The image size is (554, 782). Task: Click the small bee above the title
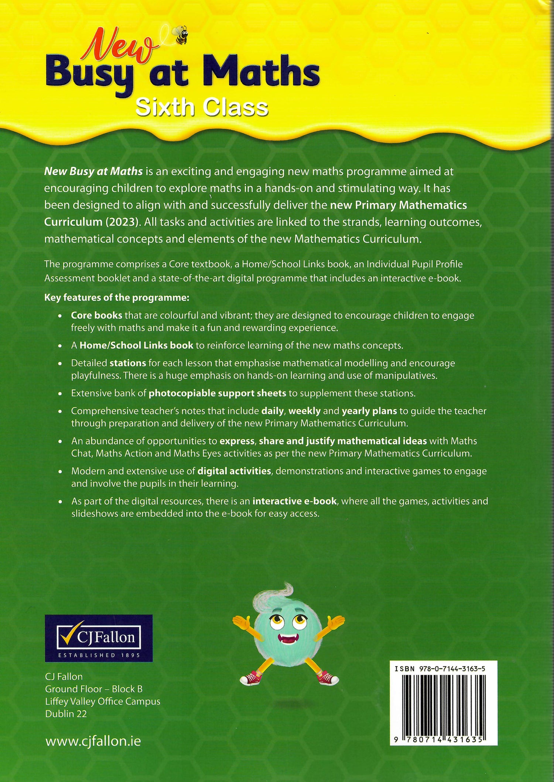pos(181,35)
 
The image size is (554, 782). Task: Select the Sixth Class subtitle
pos(202,108)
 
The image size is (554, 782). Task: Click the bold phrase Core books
pos(96,316)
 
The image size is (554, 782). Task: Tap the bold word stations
pos(128,363)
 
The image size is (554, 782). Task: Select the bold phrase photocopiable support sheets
pos(217,393)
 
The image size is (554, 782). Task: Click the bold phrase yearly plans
pos(369,411)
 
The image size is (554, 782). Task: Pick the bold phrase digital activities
pos(234,471)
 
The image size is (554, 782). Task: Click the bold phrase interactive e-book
pos(294,501)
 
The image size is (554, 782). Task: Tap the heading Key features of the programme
pos(117,298)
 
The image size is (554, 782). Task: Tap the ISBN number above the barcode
pos(440,669)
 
